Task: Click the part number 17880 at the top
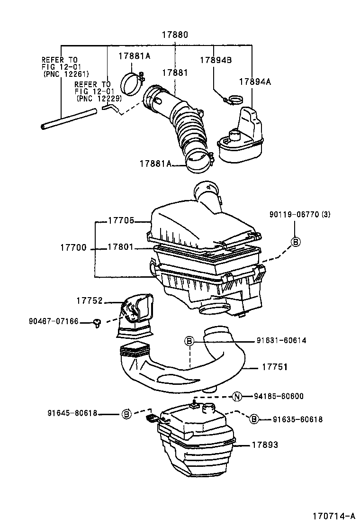click(x=175, y=35)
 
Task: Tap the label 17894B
click(x=215, y=60)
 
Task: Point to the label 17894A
click(x=255, y=82)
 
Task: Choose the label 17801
click(x=121, y=247)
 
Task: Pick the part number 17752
click(x=90, y=300)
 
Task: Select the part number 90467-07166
click(x=53, y=322)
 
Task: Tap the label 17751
click(x=275, y=367)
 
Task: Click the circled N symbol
click(x=238, y=397)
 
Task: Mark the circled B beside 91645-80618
click(x=126, y=414)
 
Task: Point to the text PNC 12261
click(x=66, y=74)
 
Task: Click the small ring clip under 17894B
click(x=233, y=100)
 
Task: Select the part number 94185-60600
click(x=278, y=397)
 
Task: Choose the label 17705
click(x=121, y=220)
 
